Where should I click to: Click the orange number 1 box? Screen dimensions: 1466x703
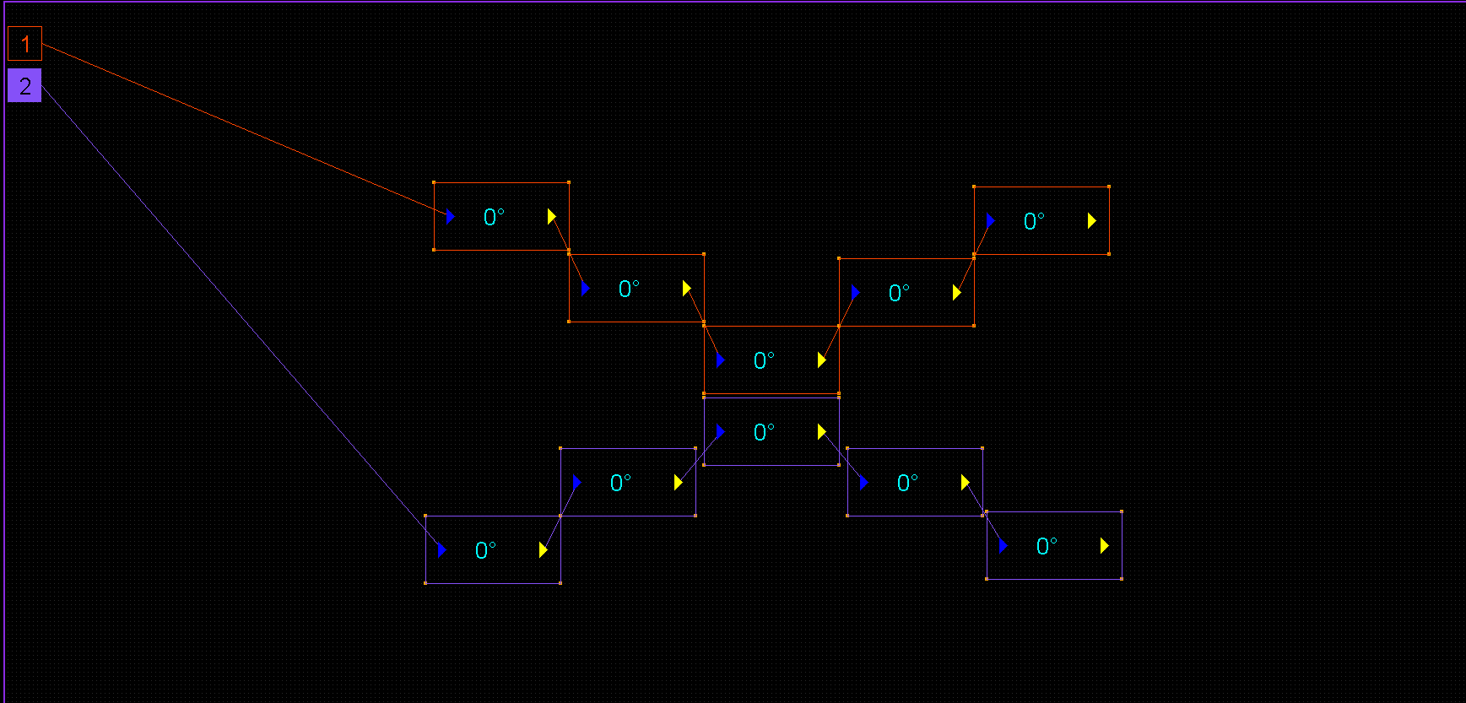[24, 44]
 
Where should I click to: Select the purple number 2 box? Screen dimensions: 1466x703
[24, 85]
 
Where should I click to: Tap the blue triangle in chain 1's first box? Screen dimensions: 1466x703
[451, 217]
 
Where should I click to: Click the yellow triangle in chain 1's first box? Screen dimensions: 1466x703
[551, 217]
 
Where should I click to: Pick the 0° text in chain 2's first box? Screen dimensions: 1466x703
[485, 550]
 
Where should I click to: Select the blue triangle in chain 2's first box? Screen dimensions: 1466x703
[441, 549]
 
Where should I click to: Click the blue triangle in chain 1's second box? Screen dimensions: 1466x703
[585, 289]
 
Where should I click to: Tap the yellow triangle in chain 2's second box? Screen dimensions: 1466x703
[678, 482]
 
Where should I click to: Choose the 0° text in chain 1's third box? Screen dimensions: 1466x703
[764, 360]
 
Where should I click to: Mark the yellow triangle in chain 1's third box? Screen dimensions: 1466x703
[821, 360]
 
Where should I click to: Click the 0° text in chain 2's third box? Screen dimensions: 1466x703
[764, 432]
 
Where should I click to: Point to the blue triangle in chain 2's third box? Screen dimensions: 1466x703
[720, 432]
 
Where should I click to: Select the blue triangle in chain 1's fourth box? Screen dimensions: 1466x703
[855, 292]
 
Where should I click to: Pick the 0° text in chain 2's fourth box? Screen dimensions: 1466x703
[907, 483]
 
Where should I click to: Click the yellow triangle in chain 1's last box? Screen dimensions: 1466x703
[1091, 220]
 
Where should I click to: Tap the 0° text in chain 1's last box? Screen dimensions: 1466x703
[1034, 221]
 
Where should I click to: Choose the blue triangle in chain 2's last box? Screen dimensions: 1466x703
[1003, 546]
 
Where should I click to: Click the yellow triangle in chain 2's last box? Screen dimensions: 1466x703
[1104, 546]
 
